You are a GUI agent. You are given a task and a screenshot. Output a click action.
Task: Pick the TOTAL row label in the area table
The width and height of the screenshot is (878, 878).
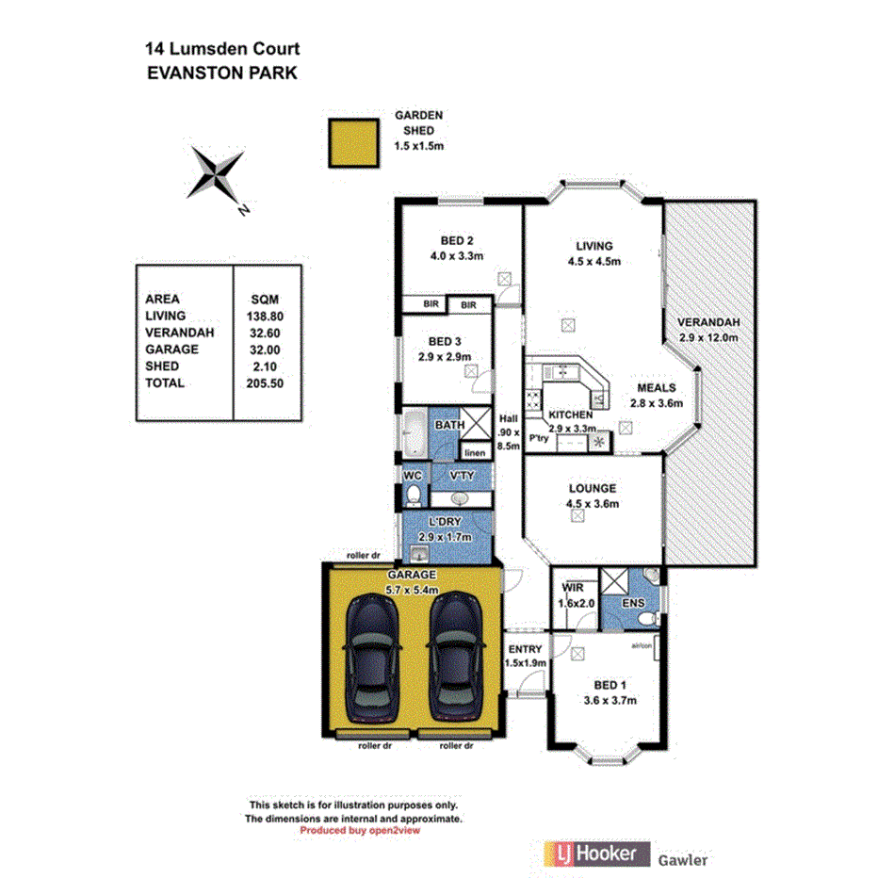(166, 383)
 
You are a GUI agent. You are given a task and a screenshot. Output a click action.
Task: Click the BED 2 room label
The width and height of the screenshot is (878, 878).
(456, 239)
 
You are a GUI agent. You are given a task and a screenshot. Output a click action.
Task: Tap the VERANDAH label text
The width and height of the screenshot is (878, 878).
(708, 323)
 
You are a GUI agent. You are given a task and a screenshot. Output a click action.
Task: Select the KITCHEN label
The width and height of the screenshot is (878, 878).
(571, 415)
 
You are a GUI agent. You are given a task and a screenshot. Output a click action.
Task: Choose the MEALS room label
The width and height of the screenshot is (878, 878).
(656, 387)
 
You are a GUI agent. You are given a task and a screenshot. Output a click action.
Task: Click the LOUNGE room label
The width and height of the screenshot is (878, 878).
(592, 489)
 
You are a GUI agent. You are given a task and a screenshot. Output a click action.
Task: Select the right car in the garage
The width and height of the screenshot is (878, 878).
(454, 655)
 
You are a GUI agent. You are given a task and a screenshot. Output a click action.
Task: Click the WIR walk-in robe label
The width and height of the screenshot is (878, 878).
(572, 587)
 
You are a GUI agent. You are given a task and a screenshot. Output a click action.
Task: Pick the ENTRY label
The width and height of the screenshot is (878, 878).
(525, 649)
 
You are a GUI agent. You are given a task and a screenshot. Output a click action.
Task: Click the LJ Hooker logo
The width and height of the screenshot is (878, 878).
(595, 854)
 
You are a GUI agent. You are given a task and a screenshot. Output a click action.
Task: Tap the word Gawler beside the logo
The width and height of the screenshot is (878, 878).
(683, 859)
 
